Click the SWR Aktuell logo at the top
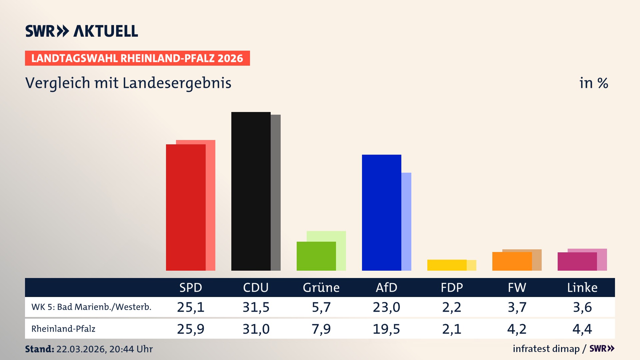(x=81, y=31)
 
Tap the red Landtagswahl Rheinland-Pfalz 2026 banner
(x=137, y=58)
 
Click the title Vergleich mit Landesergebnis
(x=128, y=83)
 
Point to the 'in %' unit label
(x=593, y=83)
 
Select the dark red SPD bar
(x=186, y=207)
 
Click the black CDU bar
(x=251, y=192)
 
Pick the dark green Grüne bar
(x=316, y=256)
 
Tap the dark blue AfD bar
(x=381, y=213)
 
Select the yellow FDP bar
(x=447, y=265)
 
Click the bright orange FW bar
(x=512, y=261)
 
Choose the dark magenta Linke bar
(x=577, y=262)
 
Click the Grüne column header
(x=321, y=287)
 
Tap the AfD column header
(x=386, y=287)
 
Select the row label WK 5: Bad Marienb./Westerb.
(x=91, y=307)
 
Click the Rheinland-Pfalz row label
(x=63, y=329)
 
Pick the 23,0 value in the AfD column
(x=386, y=307)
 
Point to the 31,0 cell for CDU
(x=256, y=329)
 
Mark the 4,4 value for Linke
(x=582, y=329)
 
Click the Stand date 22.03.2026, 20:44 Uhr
(x=104, y=349)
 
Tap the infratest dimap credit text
(x=546, y=349)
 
